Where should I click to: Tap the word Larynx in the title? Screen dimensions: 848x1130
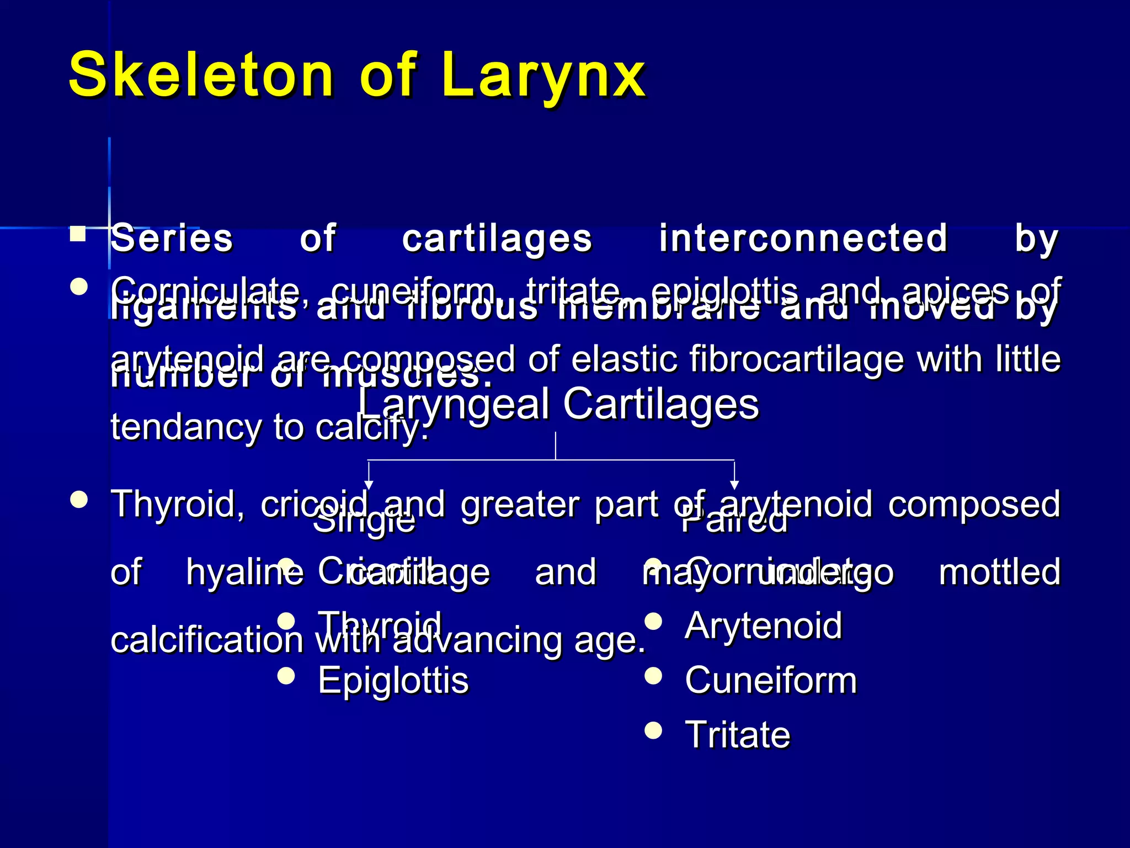coord(543,75)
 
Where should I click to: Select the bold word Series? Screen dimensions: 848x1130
coord(172,238)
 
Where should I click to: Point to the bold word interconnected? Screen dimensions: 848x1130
coord(803,238)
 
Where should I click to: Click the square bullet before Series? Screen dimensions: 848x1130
coord(78,235)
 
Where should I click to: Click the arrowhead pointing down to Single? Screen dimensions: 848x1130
coord(369,484)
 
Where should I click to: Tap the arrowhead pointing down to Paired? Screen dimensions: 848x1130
coord(734,484)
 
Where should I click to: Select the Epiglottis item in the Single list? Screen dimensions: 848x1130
coord(393,680)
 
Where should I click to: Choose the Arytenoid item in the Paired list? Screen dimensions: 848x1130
coord(764,626)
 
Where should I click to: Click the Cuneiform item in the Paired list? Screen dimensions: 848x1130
coord(771,680)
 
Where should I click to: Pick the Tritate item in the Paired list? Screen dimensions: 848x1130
coord(738,734)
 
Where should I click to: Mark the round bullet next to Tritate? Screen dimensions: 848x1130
coord(653,730)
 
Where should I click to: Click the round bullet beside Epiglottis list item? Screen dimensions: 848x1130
coord(286,675)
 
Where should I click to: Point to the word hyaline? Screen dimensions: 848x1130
coord(245,572)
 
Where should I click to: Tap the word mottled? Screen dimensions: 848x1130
coord(999,572)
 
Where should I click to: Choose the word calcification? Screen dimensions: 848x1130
coord(207,640)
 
